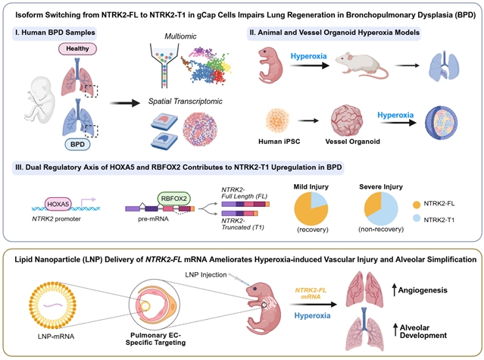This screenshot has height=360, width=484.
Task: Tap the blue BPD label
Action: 73,142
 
